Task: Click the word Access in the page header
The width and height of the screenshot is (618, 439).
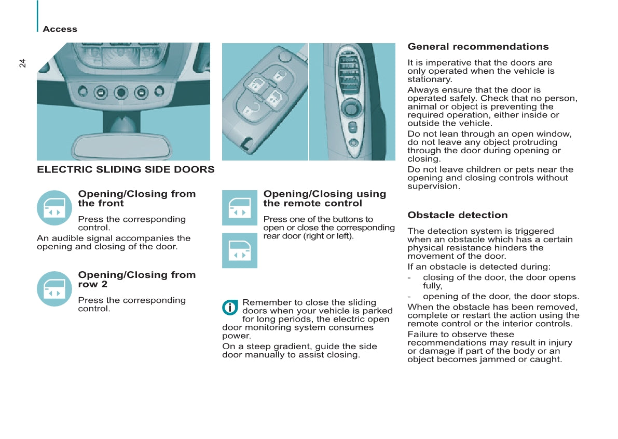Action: (x=60, y=29)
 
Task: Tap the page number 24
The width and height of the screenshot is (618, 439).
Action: (x=22, y=63)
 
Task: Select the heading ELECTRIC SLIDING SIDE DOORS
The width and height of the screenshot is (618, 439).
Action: (x=126, y=169)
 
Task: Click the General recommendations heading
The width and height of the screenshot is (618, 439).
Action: (x=478, y=47)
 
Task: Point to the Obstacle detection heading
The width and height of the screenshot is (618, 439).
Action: (x=457, y=215)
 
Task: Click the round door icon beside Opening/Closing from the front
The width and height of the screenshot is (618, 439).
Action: (x=54, y=207)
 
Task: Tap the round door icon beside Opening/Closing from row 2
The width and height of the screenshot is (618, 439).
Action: (x=54, y=288)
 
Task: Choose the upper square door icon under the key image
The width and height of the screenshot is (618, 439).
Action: (x=239, y=208)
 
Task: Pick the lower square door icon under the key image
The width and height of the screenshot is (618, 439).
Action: (x=239, y=250)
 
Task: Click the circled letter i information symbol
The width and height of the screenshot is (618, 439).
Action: (x=229, y=308)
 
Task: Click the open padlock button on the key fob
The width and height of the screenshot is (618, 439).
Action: (x=279, y=75)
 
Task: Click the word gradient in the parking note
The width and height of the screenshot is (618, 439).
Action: (x=282, y=347)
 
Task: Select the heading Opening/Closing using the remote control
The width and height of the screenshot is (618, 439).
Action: (x=324, y=198)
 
